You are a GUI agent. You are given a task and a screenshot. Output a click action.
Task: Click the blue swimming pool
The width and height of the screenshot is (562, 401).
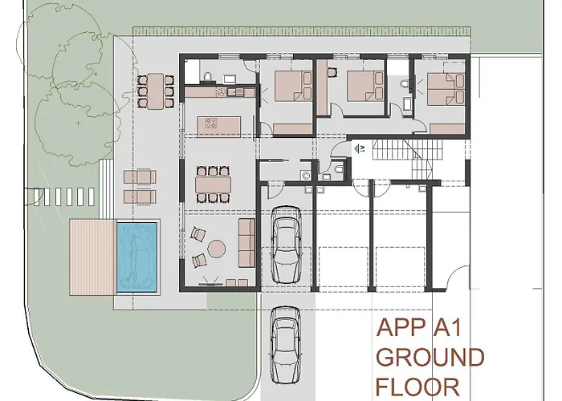click(x=136, y=256)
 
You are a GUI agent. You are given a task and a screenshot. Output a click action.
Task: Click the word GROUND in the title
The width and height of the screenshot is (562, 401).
click(x=430, y=357)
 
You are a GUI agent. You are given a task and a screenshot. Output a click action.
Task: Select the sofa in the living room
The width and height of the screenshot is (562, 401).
click(x=247, y=245)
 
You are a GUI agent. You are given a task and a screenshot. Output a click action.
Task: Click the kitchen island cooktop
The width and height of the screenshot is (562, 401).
click(x=214, y=124)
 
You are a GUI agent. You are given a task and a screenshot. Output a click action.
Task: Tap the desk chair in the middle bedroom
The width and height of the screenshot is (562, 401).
click(x=330, y=72)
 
